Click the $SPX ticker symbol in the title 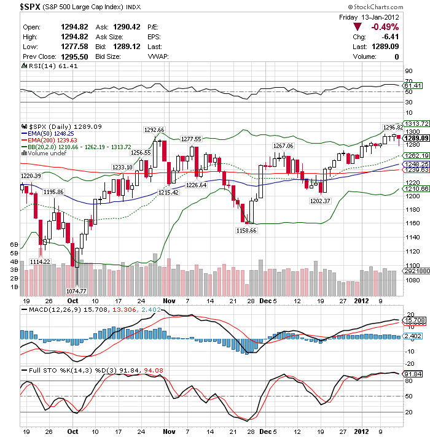click(31, 7)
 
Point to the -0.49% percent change click(386, 27)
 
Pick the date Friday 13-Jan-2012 click(370, 17)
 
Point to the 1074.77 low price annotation click(77, 291)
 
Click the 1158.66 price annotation click(247, 230)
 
